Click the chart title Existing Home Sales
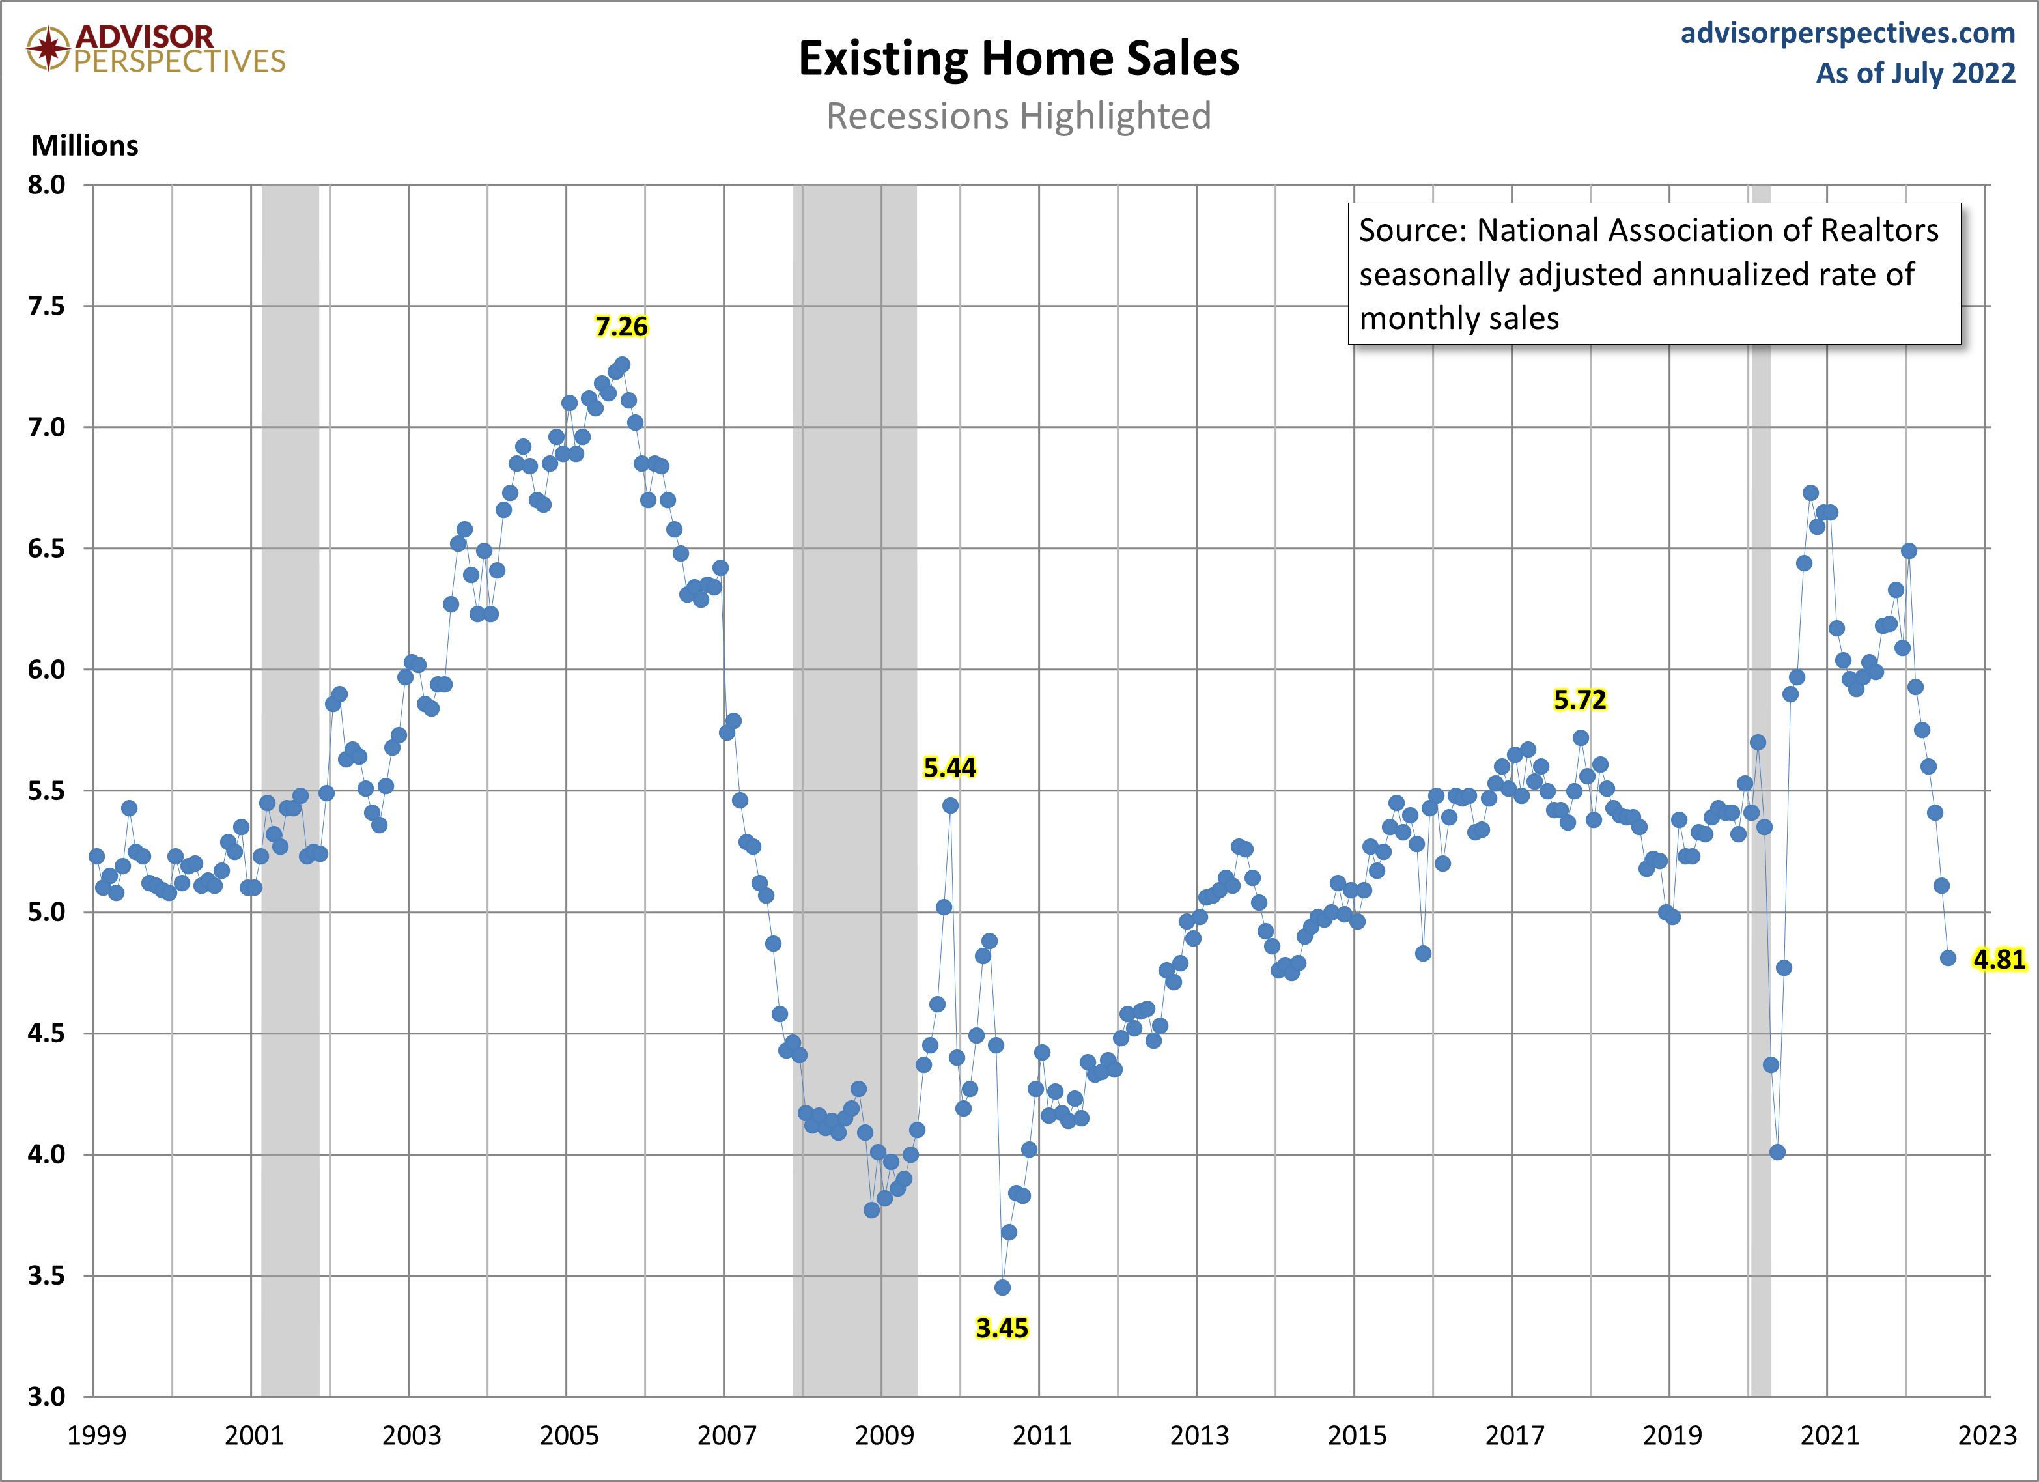[x=1019, y=59]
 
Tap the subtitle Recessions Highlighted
[x=1019, y=116]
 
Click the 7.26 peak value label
[x=621, y=326]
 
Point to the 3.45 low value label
[x=1002, y=1328]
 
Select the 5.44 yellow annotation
[x=949, y=767]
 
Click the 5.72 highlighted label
[x=1580, y=700]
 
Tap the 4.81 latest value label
[x=1999, y=960]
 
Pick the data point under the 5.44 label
[x=950, y=806]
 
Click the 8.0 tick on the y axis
[x=47, y=184]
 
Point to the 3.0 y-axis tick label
[x=47, y=1397]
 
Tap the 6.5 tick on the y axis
[x=47, y=549]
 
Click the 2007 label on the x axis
[x=726, y=1435]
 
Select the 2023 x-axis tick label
[x=1987, y=1435]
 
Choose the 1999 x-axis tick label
[x=96, y=1435]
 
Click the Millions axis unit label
[x=85, y=146]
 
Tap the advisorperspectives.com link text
[x=1848, y=33]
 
